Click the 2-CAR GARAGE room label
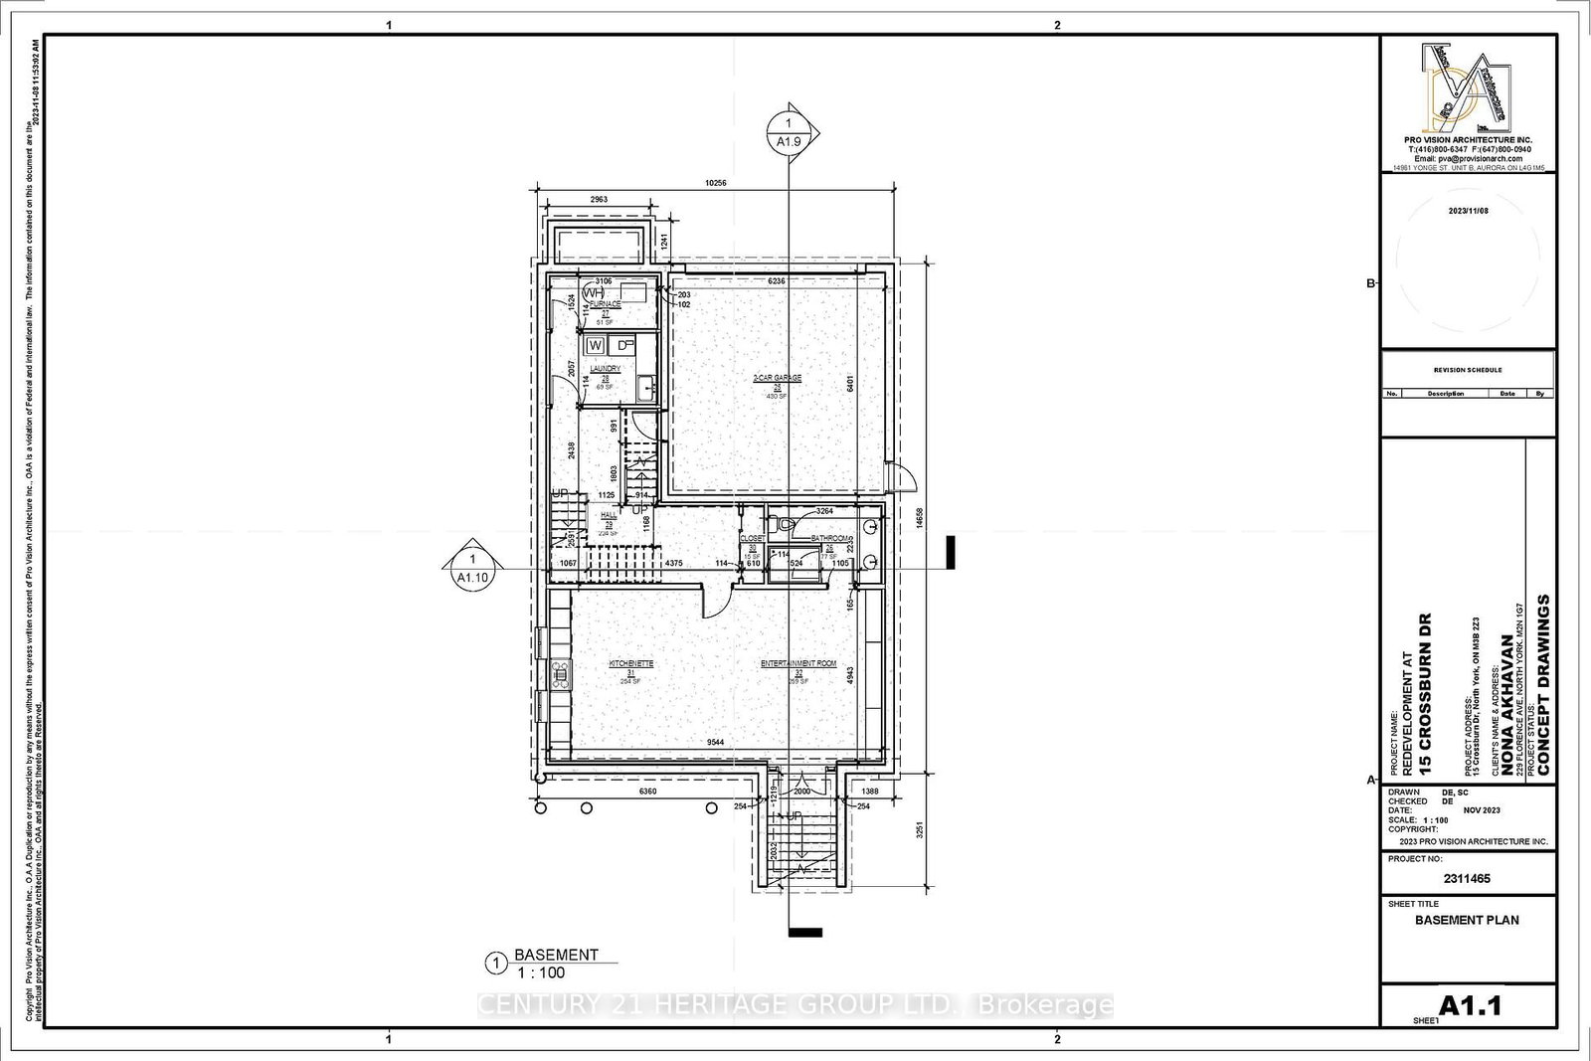coord(777,378)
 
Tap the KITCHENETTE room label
coord(630,663)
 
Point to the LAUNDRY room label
coord(605,369)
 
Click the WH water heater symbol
coord(594,293)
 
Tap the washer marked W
coord(596,345)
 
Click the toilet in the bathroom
coord(783,522)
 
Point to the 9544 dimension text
coord(715,742)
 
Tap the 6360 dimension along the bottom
coord(647,792)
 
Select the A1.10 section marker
coord(471,568)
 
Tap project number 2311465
coord(1467,878)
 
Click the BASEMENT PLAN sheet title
coord(1467,920)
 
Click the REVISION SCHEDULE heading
coord(1467,370)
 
